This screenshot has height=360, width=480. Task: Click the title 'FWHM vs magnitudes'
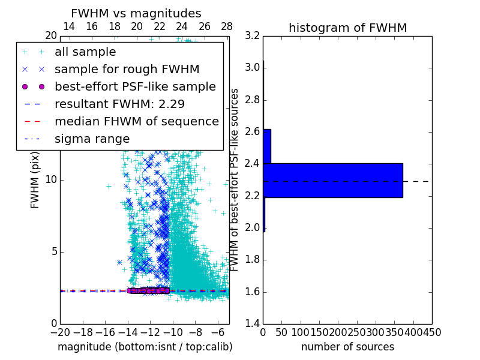(136, 14)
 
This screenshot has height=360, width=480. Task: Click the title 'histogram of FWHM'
(347, 28)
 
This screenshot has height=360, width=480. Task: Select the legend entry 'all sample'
(85, 52)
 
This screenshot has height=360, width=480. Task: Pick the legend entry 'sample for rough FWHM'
(127, 69)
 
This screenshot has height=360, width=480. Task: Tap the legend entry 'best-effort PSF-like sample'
(135, 86)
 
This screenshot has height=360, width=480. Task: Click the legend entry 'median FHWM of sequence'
(136, 121)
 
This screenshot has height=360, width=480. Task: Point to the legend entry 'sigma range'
(92, 139)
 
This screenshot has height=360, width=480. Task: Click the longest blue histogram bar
(332, 180)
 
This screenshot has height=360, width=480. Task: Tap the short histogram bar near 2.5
(267, 146)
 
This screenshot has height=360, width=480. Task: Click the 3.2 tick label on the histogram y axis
(253, 36)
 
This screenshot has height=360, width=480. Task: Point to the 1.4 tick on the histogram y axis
(253, 324)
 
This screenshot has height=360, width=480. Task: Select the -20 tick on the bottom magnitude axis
(60, 332)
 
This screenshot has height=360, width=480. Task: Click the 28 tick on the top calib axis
(227, 27)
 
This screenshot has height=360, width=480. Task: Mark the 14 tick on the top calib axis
(69, 27)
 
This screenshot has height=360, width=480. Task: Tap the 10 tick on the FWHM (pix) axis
(52, 180)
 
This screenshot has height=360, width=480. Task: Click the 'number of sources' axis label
(347, 347)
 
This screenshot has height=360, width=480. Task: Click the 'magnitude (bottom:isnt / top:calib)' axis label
(145, 347)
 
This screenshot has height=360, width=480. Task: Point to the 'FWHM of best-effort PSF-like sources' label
(235, 180)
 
